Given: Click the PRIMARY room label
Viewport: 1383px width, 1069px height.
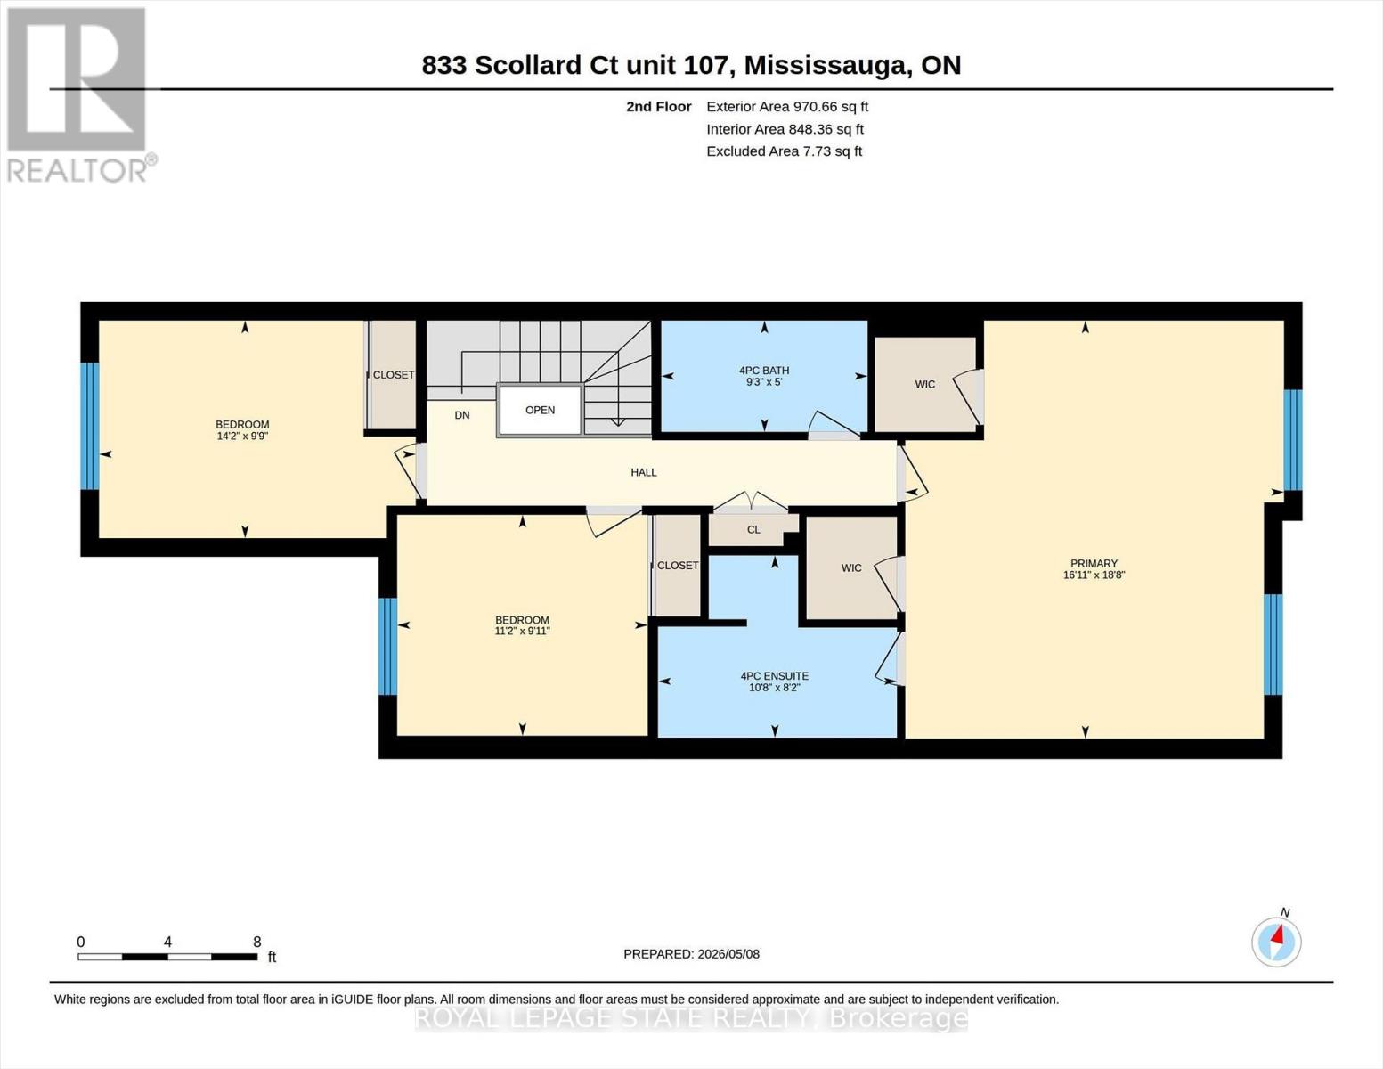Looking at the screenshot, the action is click(1094, 564).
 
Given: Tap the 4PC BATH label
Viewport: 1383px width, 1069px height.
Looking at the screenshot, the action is click(764, 371).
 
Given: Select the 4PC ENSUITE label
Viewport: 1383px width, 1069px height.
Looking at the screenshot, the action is click(775, 676).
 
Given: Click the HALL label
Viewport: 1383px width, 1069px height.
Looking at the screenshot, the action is click(644, 472).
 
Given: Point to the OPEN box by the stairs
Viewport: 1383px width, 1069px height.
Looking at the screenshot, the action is click(540, 410).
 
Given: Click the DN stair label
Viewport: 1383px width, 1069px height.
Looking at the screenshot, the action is click(462, 415).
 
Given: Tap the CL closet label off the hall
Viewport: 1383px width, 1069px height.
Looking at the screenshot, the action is click(753, 530).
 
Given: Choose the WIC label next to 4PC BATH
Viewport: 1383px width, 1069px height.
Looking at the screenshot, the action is click(924, 384).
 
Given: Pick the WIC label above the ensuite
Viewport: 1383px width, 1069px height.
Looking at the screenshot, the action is click(851, 568).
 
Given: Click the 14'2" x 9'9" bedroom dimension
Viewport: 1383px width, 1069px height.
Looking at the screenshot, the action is click(242, 437).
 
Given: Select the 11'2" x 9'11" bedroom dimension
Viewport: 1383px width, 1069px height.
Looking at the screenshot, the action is click(522, 631).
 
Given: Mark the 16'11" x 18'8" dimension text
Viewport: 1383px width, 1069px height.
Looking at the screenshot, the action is click(1094, 575).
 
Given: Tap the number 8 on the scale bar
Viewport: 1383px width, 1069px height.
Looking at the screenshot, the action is click(257, 943).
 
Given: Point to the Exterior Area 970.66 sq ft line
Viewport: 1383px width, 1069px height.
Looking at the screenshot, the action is click(787, 107).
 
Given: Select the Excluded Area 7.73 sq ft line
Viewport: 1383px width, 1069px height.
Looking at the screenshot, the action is click(784, 151).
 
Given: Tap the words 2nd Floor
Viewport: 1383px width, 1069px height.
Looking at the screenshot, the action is click(659, 107).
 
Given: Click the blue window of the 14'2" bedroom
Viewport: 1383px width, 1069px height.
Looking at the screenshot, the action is click(90, 426).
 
